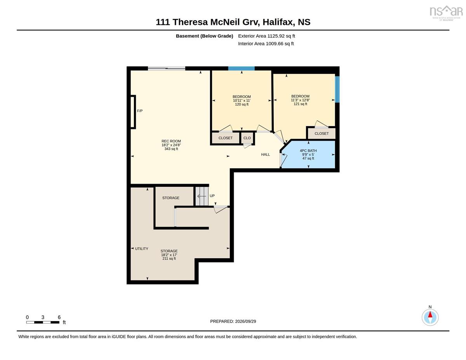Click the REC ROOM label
tap(171, 141)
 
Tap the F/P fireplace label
tap(140, 111)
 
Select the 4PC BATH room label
tap(308, 151)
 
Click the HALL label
tap(265, 155)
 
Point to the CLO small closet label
tap(247, 138)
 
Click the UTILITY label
tap(141, 249)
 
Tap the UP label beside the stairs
tap(212, 196)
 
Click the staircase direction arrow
tap(202, 196)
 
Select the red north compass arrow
tap(430, 315)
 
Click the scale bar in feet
tap(43, 322)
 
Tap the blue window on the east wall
tap(337, 89)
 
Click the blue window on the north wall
tap(241, 68)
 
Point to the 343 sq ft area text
tap(171, 149)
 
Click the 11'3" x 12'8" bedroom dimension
tap(300, 100)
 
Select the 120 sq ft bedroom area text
tap(242, 104)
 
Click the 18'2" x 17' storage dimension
tap(169, 255)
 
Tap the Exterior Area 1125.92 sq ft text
tap(266, 36)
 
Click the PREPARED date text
tap(233, 322)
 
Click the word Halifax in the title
tap(278, 22)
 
